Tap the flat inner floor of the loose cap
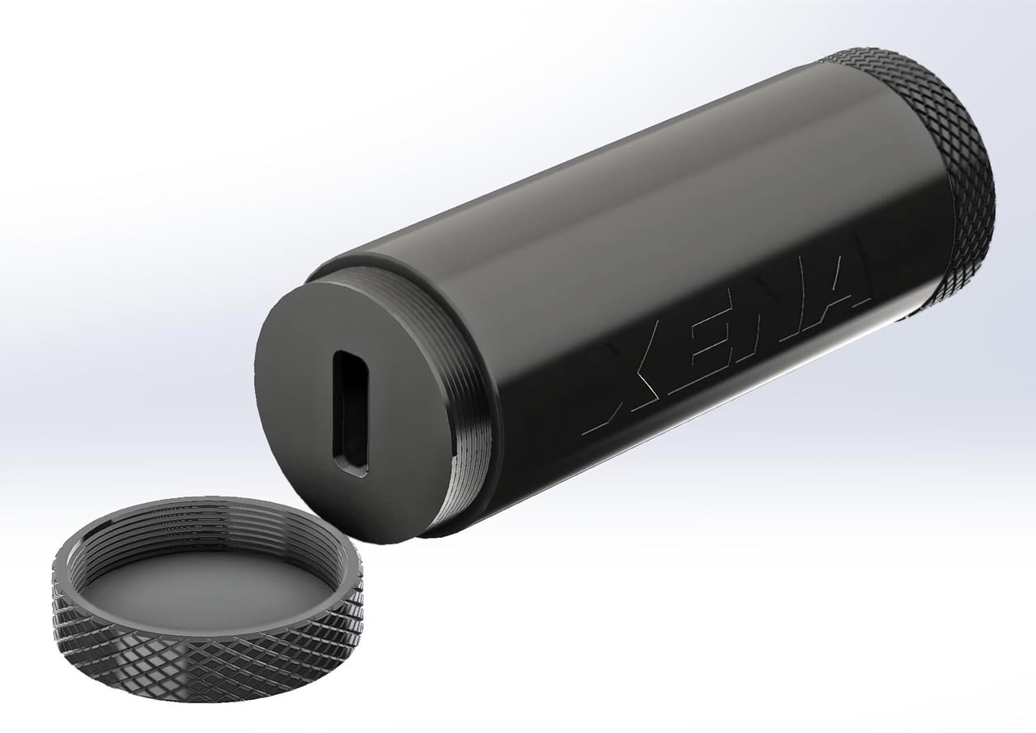point(210,583)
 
